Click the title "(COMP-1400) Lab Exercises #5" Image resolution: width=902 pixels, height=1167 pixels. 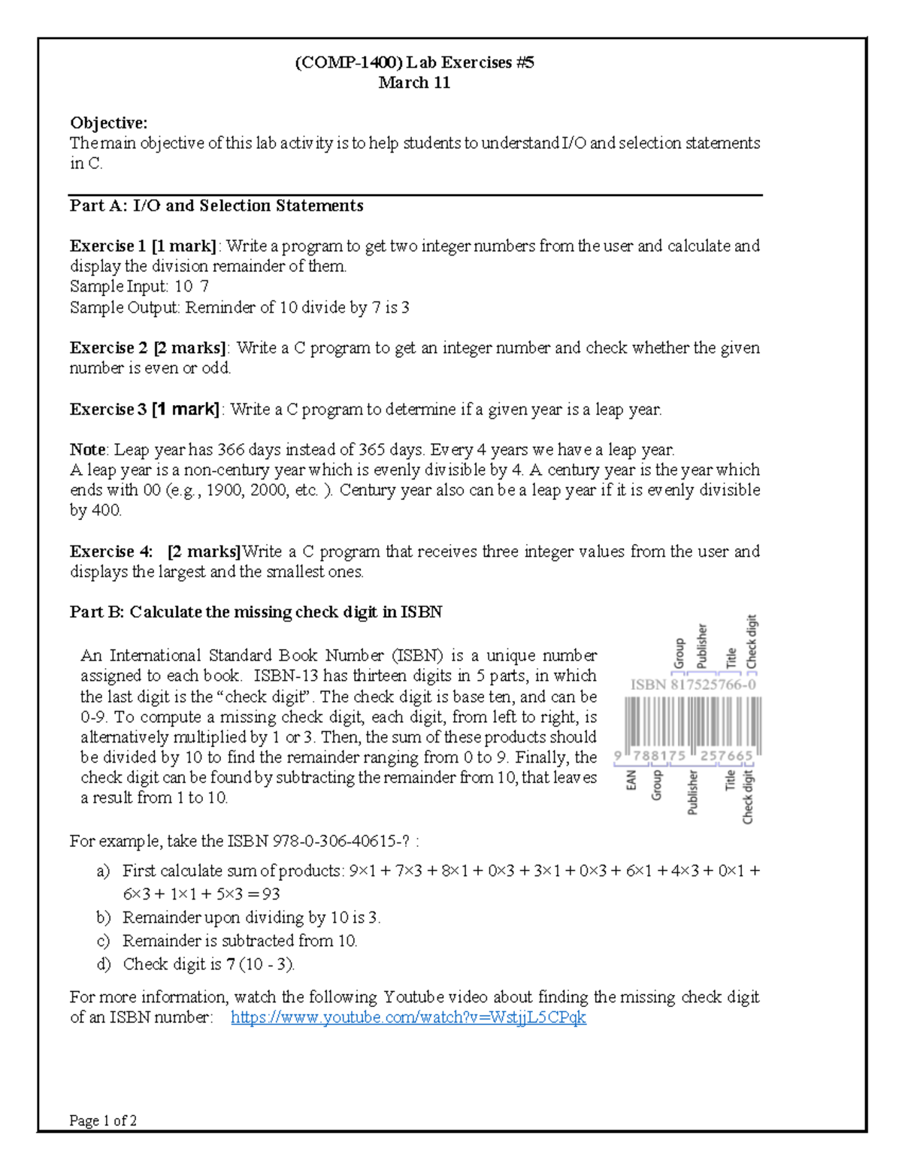pos(414,62)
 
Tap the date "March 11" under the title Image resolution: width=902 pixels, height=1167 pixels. pos(414,83)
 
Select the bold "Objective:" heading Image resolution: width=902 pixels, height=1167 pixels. pos(108,122)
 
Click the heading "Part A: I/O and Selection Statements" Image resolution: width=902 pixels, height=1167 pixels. pos(216,206)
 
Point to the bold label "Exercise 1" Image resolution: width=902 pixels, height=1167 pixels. pos(107,246)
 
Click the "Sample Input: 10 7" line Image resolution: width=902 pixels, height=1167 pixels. pos(139,286)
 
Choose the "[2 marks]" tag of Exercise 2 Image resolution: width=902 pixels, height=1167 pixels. pos(190,348)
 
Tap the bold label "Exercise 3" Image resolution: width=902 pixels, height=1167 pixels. pos(107,410)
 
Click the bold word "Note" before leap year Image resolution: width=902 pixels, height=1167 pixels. pos(87,450)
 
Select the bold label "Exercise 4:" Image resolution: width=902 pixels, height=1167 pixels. pos(111,552)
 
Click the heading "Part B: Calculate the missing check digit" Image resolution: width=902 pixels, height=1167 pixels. pos(256,612)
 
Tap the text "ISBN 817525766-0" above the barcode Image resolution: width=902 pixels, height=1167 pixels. pos(693,685)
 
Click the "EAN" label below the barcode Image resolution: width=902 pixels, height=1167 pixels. pos(631,781)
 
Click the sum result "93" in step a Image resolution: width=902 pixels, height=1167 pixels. pos(271,894)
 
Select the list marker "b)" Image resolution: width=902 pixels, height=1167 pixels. pos(103,918)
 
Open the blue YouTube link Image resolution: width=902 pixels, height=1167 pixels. pos(408,1017)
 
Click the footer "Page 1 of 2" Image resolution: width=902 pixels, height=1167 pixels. pos(103,1121)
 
